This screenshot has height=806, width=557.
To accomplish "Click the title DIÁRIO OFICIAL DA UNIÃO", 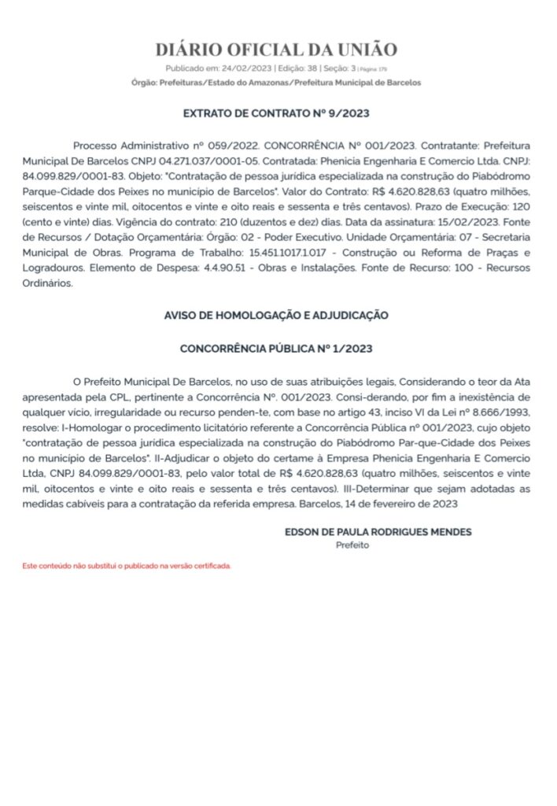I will pos(276,50).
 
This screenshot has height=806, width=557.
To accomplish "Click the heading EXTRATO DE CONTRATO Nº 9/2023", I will pos(276,113).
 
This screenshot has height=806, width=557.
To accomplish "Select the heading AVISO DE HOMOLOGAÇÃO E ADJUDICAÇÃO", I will pos(276,315).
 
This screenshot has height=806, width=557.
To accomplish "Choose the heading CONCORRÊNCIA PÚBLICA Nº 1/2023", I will pos(276,348).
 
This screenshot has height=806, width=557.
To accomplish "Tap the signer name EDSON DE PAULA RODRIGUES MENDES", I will pos(378,532).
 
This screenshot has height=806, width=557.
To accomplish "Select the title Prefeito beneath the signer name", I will pos(352,545).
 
